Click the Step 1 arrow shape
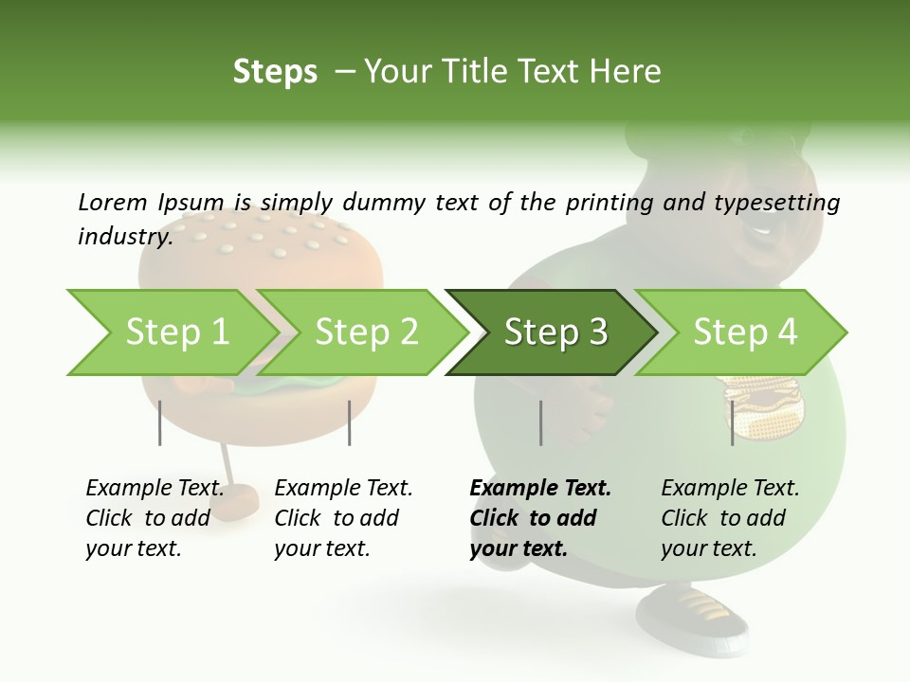(176, 332)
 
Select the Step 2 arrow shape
(366, 332)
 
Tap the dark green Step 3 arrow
(555, 332)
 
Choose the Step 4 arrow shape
(744, 332)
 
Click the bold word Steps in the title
(275, 72)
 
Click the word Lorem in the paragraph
(112, 202)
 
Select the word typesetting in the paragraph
(776, 203)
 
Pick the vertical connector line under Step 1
(160, 422)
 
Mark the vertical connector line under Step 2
(350, 422)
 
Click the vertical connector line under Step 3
(540, 422)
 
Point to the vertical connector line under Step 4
(732, 422)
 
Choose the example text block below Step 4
(730, 518)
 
